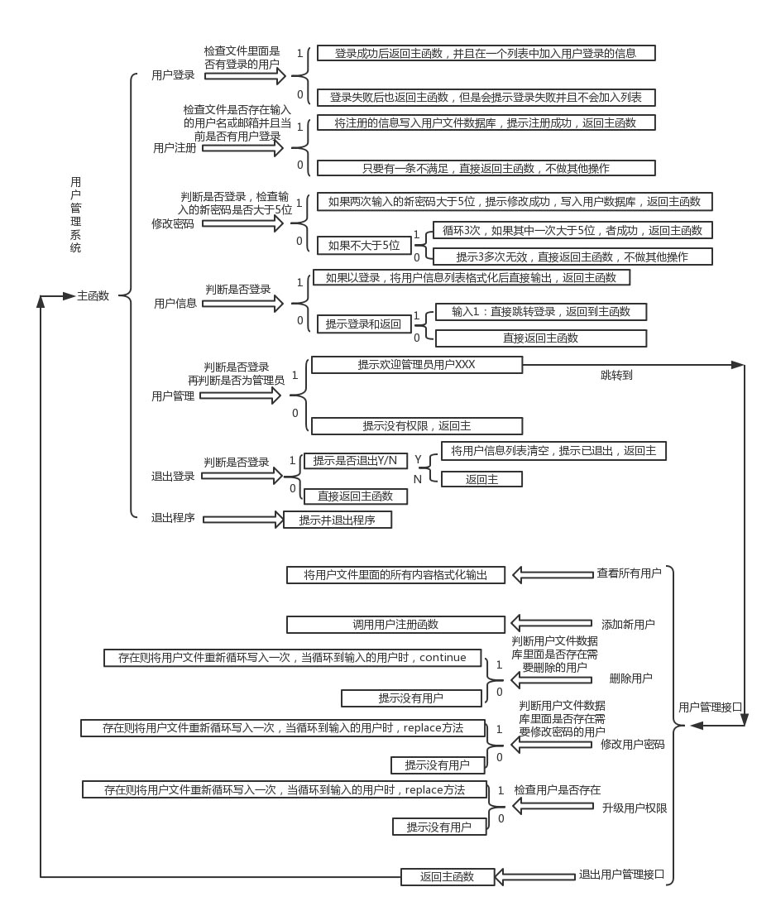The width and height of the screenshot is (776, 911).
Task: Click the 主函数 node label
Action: tap(93, 295)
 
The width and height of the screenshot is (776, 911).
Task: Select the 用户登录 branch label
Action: tap(173, 75)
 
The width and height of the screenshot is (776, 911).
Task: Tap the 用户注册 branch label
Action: tap(175, 148)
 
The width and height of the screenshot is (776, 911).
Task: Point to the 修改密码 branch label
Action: tap(172, 223)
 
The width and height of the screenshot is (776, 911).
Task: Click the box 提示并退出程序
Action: tap(337, 520)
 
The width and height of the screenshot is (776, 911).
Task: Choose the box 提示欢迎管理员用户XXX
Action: tap(416, 365)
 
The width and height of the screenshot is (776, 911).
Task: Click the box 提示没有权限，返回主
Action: tap(416, 426)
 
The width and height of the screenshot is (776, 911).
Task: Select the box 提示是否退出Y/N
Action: tap(354, 461)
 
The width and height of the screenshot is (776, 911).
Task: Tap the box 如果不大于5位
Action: tap(363, 245)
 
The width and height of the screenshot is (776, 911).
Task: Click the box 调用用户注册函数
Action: tap(395, 625)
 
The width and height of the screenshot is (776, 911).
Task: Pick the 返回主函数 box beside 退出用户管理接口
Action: tap(447, 877)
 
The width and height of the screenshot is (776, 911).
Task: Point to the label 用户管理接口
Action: tap(710, 707)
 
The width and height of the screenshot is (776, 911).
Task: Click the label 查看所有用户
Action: tap(629, 573)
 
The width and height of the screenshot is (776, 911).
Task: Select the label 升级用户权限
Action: tap(635, 808)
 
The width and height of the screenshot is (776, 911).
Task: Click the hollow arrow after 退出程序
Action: tap(243, 520)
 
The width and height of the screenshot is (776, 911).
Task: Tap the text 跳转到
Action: tap(616, 375)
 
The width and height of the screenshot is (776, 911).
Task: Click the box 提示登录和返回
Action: tap(363, 324)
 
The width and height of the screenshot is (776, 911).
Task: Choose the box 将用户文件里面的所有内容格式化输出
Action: tap(395, 575)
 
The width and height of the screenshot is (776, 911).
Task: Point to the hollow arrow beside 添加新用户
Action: tap(552, 623)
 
